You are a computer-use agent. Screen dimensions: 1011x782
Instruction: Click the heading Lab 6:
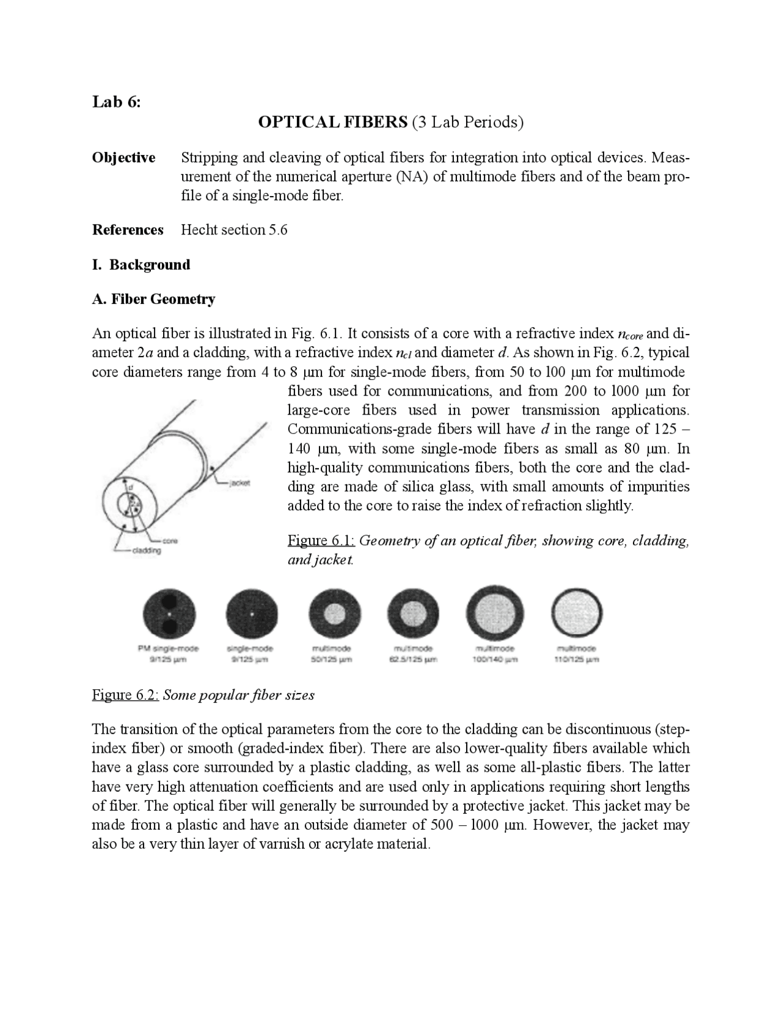[x=116, y=101]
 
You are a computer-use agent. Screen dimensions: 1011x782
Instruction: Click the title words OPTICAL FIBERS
[x=332, y=122]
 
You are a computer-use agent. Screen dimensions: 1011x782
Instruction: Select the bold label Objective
[x=123, y=158]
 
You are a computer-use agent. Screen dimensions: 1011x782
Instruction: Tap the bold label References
[x=128, y=230]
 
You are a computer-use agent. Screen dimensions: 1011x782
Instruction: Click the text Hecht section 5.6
[x=234, y=230]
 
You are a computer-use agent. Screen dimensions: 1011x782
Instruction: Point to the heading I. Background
[x=141, y=264]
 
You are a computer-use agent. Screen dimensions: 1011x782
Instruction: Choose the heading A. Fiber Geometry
[x=153, y=299]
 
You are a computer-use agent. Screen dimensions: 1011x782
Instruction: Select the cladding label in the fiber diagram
[x=147, y=551]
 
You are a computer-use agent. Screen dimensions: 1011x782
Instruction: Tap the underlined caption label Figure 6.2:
[x=125, y=695]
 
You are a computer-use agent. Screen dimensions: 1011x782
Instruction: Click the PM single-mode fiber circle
[x=168, y=614]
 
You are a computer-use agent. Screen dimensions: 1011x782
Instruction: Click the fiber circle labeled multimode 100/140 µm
[x=494, y=614]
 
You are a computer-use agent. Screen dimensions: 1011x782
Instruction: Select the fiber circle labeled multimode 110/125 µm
[x=577, y=614]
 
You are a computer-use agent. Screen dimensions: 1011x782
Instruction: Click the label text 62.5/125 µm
[x=413, y=660]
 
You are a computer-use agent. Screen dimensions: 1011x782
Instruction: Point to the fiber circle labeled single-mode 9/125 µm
[x=251, y=614]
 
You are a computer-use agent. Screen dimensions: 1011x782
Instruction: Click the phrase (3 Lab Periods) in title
[x=468, y=122]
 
